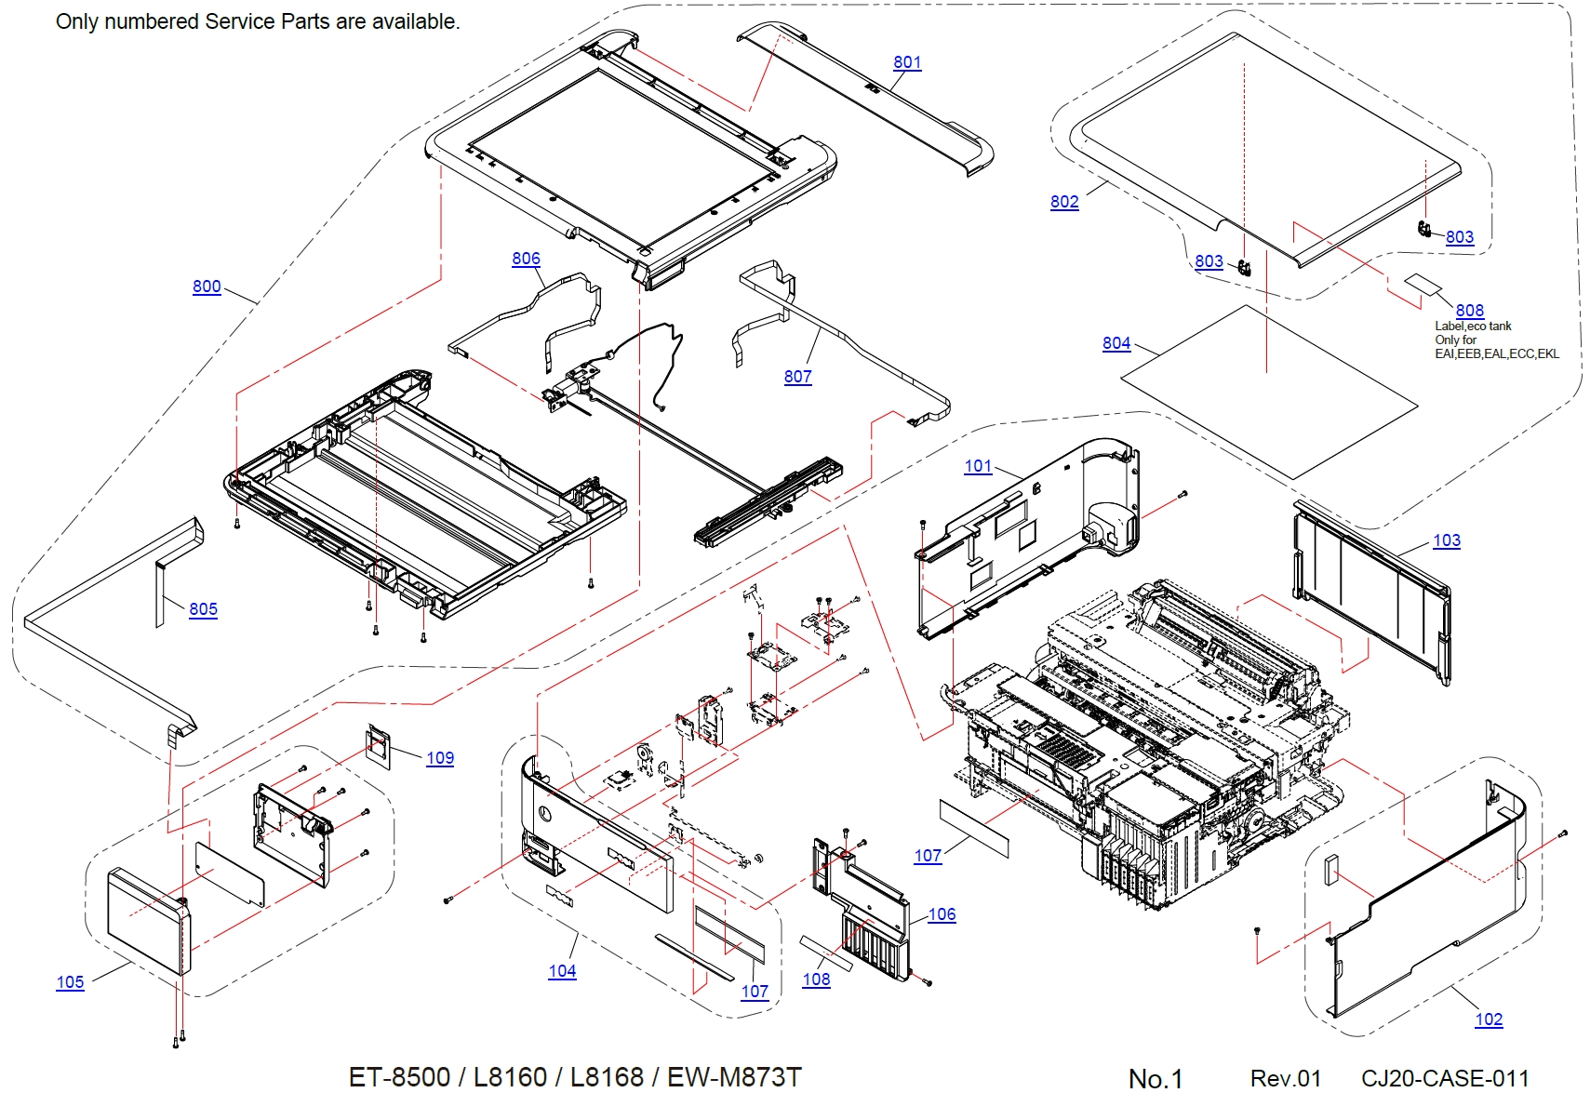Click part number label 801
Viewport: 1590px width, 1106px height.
907,62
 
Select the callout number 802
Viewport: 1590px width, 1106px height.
1064,202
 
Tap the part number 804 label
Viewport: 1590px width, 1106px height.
1116,343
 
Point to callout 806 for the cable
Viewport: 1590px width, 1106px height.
526,259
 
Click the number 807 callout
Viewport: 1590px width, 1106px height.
797,377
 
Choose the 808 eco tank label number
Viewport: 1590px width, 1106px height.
1469,311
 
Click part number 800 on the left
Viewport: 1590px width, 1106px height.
207,286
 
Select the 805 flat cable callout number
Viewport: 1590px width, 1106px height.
203,609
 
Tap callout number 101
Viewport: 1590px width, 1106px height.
978,466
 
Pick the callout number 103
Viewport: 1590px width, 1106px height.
1446,540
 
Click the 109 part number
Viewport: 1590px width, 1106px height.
440,758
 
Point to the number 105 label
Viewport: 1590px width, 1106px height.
70,982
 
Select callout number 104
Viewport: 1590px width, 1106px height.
562,971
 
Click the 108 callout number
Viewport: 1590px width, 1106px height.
816,979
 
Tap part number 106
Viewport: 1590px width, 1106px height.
942,914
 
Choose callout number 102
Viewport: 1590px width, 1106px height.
1489,1019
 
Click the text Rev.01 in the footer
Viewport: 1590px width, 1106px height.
1285,1079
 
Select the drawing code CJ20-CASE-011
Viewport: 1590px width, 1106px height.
1445,1079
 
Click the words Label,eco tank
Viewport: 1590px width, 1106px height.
1473,326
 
